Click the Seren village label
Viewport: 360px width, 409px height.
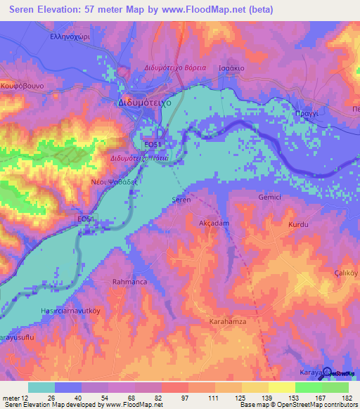pyautogui.click(x=181, y=200)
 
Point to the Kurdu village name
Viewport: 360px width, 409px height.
pyautogui.click(x=299, y=225)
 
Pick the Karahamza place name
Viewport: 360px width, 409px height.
pyautogui.click(x=226, y=321)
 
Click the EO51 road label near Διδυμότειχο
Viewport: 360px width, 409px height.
pyautogui.click(x=153, y=144)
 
